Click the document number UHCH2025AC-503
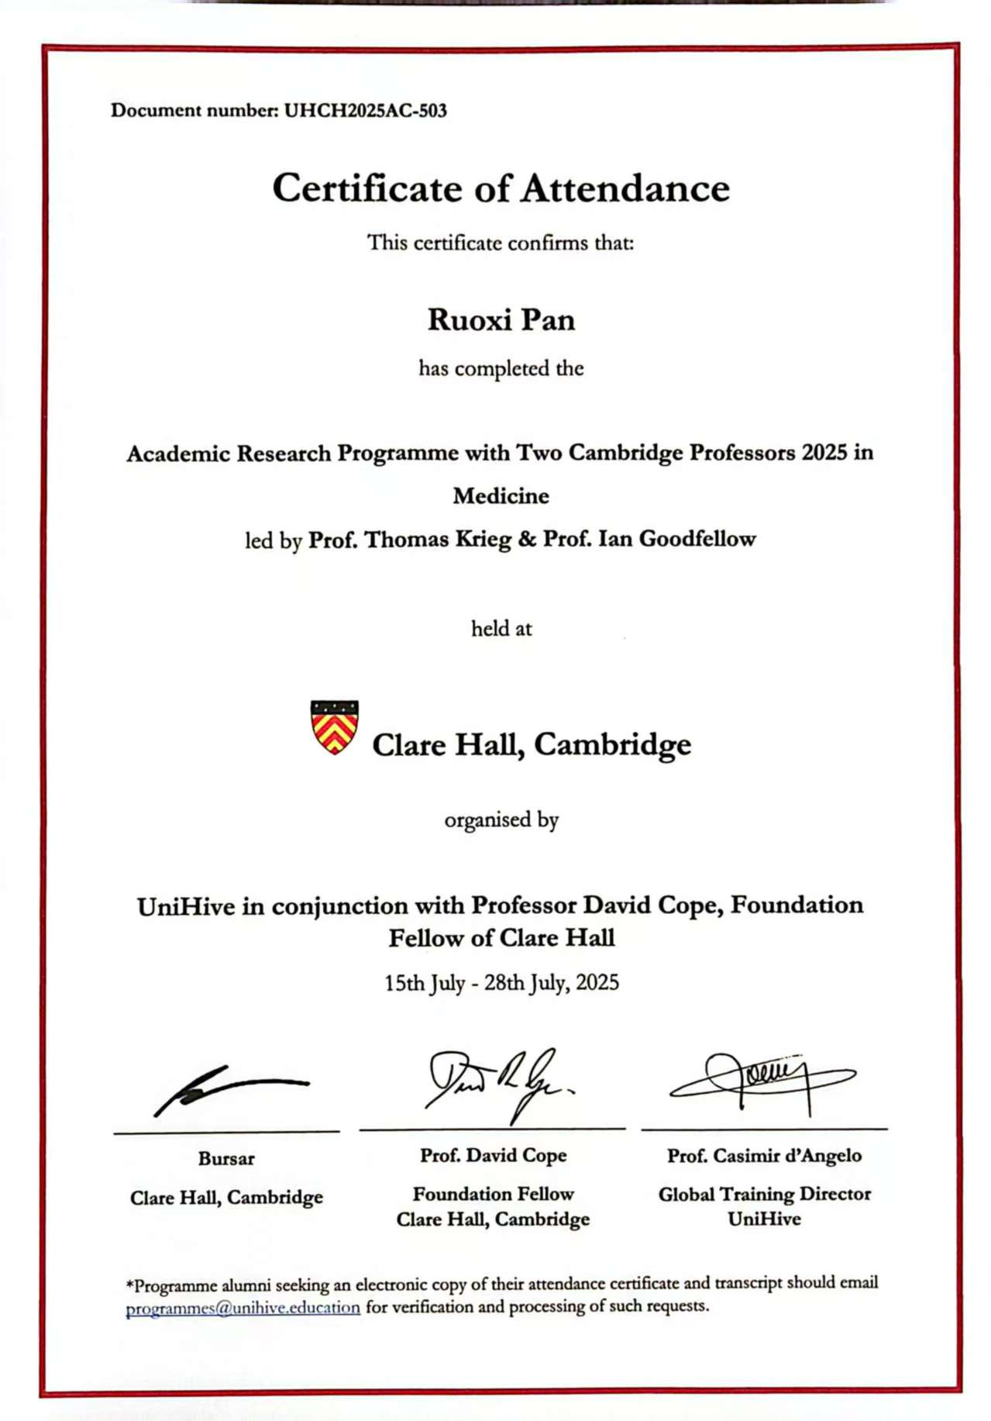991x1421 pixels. tap(365, 110)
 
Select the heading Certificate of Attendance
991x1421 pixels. tap(501, 188)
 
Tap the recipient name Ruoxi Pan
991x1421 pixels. tap(501, 319)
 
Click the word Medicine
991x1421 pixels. tap(501, 495)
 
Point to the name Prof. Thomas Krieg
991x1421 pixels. tap(410, 539)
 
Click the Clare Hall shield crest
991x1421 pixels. tap(334, 726)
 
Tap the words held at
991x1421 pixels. tap(501, 628)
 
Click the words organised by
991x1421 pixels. tap(501, 819)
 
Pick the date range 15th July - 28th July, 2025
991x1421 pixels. tap(501, 983)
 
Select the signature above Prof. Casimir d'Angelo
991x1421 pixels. tap(762, 1079)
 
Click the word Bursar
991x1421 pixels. tap(226, 1158)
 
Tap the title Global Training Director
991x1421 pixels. tap(764, 1194)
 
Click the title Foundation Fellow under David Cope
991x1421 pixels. tap(493, 1194)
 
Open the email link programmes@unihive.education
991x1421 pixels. tap(243, 1308)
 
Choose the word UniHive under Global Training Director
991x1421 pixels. tap(764, 1219)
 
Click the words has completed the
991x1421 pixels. tap(501, 368)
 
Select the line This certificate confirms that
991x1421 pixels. tap(501, 243)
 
